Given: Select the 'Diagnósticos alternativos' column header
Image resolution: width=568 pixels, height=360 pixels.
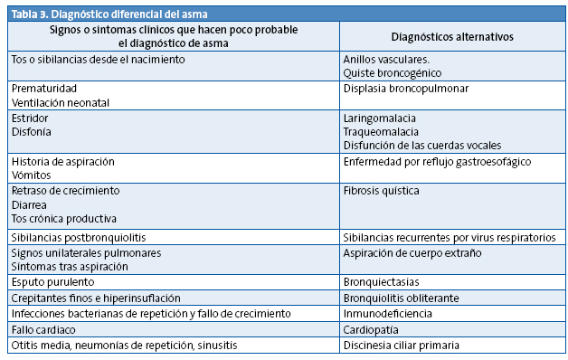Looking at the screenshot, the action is click(453, 37).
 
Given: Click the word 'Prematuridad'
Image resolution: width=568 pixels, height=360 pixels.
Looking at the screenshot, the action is click(43, 89).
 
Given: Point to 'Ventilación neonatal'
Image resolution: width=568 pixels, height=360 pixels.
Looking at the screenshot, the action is click(61, 103).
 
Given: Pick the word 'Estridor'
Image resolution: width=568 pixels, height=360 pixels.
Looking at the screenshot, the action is click(31, 118).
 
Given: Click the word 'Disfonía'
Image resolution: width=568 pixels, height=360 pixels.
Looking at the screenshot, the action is click(32, 132).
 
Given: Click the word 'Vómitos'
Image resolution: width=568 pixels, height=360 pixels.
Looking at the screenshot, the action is click(32, 175).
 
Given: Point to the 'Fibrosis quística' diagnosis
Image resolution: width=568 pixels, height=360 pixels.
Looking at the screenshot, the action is click(381, 191).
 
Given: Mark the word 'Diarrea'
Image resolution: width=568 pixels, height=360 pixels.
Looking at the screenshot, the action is click(30, 204).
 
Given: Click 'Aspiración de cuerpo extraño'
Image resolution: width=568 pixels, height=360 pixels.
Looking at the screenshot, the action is click(412, 252).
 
